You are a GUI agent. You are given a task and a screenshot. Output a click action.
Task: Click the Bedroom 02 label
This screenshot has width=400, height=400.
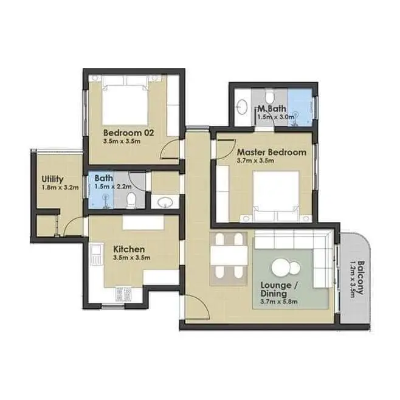[129, 133]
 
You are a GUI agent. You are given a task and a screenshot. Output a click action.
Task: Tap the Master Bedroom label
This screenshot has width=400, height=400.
[272, 153]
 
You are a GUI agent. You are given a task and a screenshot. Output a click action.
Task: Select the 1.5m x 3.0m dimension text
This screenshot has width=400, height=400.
[275, 117]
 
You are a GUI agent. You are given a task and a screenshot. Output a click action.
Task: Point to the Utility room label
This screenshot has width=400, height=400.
[52, 179]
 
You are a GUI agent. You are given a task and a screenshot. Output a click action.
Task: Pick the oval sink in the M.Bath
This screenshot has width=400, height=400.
[242, 107]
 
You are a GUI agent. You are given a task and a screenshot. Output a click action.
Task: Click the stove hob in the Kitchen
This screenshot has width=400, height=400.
[124, 294]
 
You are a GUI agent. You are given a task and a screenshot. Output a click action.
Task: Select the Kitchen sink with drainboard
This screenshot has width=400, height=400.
[97, 254]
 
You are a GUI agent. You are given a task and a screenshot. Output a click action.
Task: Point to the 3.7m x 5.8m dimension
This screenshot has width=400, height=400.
[279, 302]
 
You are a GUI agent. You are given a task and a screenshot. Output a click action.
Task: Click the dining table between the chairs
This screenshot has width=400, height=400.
[229, 255]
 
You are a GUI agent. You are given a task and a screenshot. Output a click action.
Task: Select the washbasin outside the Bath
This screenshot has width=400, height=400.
[165, 202]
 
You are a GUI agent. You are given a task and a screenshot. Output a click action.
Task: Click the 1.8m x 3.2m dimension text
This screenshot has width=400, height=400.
[60, 188]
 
